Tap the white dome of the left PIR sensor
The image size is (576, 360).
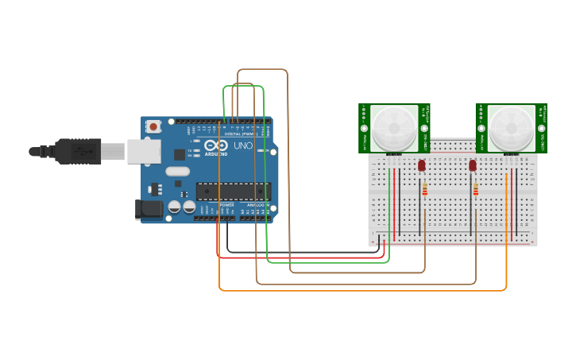(393, 127)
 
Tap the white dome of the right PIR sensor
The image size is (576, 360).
(511, 127)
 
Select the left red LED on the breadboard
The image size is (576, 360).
(422, 165)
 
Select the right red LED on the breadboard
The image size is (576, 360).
(473, 165)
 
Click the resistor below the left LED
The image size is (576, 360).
(425, 190)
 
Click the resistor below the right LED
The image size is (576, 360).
(476, 190)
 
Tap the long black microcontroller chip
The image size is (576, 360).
(234, 192)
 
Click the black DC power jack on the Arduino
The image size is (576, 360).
(148, 209)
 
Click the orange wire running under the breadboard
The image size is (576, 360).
(358, 290)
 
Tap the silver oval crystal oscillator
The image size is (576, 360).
(179, 171)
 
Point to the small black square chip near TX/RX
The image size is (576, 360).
(180, 154)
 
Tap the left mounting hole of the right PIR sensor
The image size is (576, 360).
(481, 128)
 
